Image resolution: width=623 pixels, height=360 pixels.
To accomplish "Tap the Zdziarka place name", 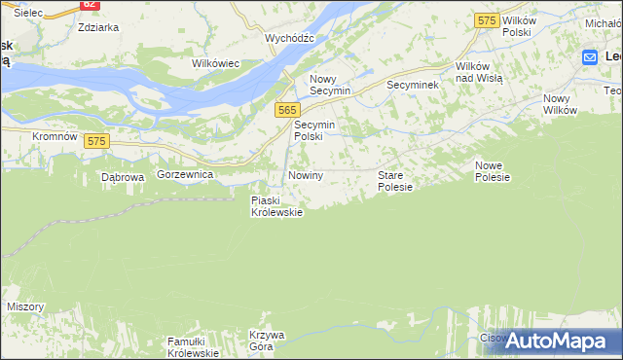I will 97,27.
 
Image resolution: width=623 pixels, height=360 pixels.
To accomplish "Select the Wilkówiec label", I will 215,63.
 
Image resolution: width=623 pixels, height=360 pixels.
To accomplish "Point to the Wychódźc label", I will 289,38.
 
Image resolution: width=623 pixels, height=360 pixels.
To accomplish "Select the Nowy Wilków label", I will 560,104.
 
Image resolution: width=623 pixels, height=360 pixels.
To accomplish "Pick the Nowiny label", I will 305,174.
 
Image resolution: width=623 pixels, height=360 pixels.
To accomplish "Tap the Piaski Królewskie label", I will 276,206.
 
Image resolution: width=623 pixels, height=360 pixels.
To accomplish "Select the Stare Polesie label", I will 395,180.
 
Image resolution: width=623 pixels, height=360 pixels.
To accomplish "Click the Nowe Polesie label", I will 493,171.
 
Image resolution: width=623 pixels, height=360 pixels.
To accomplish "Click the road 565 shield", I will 286,111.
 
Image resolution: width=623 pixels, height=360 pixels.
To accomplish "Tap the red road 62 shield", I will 89,4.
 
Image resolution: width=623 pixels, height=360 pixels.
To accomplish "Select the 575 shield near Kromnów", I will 95,141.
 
